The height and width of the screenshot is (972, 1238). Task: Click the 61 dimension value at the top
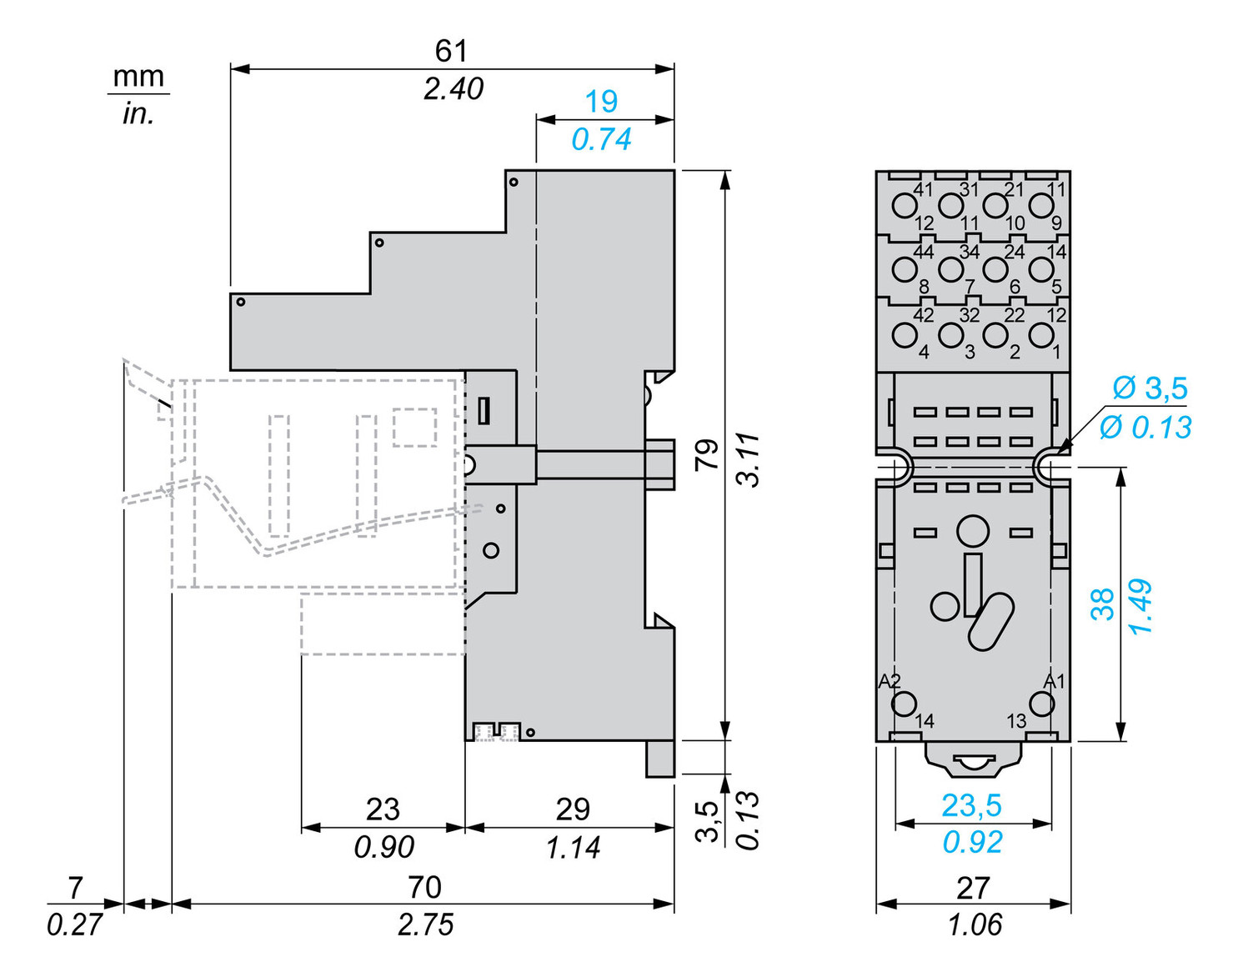[x=451, y=51]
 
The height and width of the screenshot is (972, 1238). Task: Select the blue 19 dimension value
[x=601, y=102]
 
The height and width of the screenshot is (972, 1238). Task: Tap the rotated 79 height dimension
[x=706, y=455]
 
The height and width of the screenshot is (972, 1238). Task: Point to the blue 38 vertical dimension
[x=1102, y=604]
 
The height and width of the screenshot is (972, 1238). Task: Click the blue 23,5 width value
[x=972, y=805]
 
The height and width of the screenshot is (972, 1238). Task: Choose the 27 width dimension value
[x=973, y=889]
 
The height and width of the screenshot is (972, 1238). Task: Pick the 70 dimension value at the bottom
[x=424, y=888]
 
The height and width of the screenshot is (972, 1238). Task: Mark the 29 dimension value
[x=573, y=809]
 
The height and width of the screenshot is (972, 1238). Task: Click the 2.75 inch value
[x=425, y=924]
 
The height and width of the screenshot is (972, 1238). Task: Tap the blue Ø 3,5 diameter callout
[x=1150, y=388]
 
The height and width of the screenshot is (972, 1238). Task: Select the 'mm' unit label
[x=138, y=77]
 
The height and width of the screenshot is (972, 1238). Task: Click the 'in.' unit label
[x=138, y=113]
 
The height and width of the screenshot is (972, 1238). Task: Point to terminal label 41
[x=923, y=189]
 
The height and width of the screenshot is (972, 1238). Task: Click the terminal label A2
[x=890, y=681]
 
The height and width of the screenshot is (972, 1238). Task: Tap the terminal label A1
[x=1055, y=681]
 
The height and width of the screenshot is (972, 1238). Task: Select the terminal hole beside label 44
[x=904, y=269]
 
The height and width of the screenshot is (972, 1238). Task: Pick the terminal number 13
[x=1016, y=721]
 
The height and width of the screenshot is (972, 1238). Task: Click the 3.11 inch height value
[x=749, y=459]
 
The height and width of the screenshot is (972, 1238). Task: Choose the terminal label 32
[x=969, y=315]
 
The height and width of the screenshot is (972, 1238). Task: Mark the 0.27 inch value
[x=74, y=924]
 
